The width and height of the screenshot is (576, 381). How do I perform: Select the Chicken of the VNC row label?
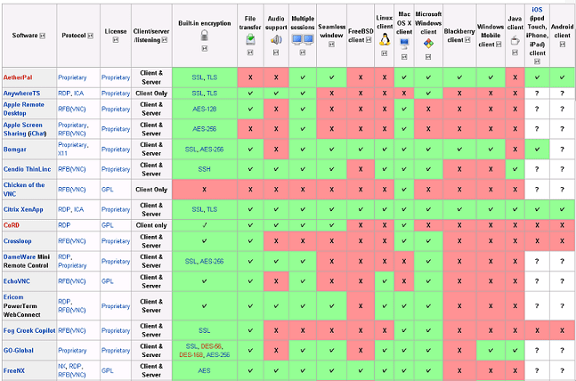pyautogui.click(x=24, y=189)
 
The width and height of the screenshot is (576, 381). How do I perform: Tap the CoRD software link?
pyautogui.click(x=12, y=225)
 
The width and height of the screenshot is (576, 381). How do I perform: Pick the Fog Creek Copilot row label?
pyautogui.click(x=28, y=328)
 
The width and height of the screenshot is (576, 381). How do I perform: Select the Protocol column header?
pyautogui.click(x=74, y=36)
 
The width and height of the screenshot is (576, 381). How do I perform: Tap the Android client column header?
pyautogui.click(x=562, y=36)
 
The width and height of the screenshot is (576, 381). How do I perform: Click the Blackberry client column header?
pyautogui.click(x=458, y=36)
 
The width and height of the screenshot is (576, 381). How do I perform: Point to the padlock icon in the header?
pyautogui.click(x=204, y=36)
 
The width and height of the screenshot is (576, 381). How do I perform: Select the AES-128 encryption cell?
pyautogui.click(x=204, y=107)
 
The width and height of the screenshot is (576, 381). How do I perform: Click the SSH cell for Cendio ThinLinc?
pyautogui.click(x=204, y=168)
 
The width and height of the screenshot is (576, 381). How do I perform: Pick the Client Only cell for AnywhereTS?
pyautogui.click(x=152, y=92)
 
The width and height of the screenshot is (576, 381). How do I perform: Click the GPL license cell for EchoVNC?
pyautogui.click(x=107, y=280)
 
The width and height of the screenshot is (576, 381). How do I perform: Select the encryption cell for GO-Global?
pyautogui.click(x=204, y=349)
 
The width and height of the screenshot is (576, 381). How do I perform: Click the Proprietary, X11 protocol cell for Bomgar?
pyautogui.click(x=73, y=148)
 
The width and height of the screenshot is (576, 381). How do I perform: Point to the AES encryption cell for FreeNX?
pyautogui.click(x=204, y=369)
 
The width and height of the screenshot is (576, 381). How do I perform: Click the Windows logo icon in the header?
pyautogui.click(x=428, y=42)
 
